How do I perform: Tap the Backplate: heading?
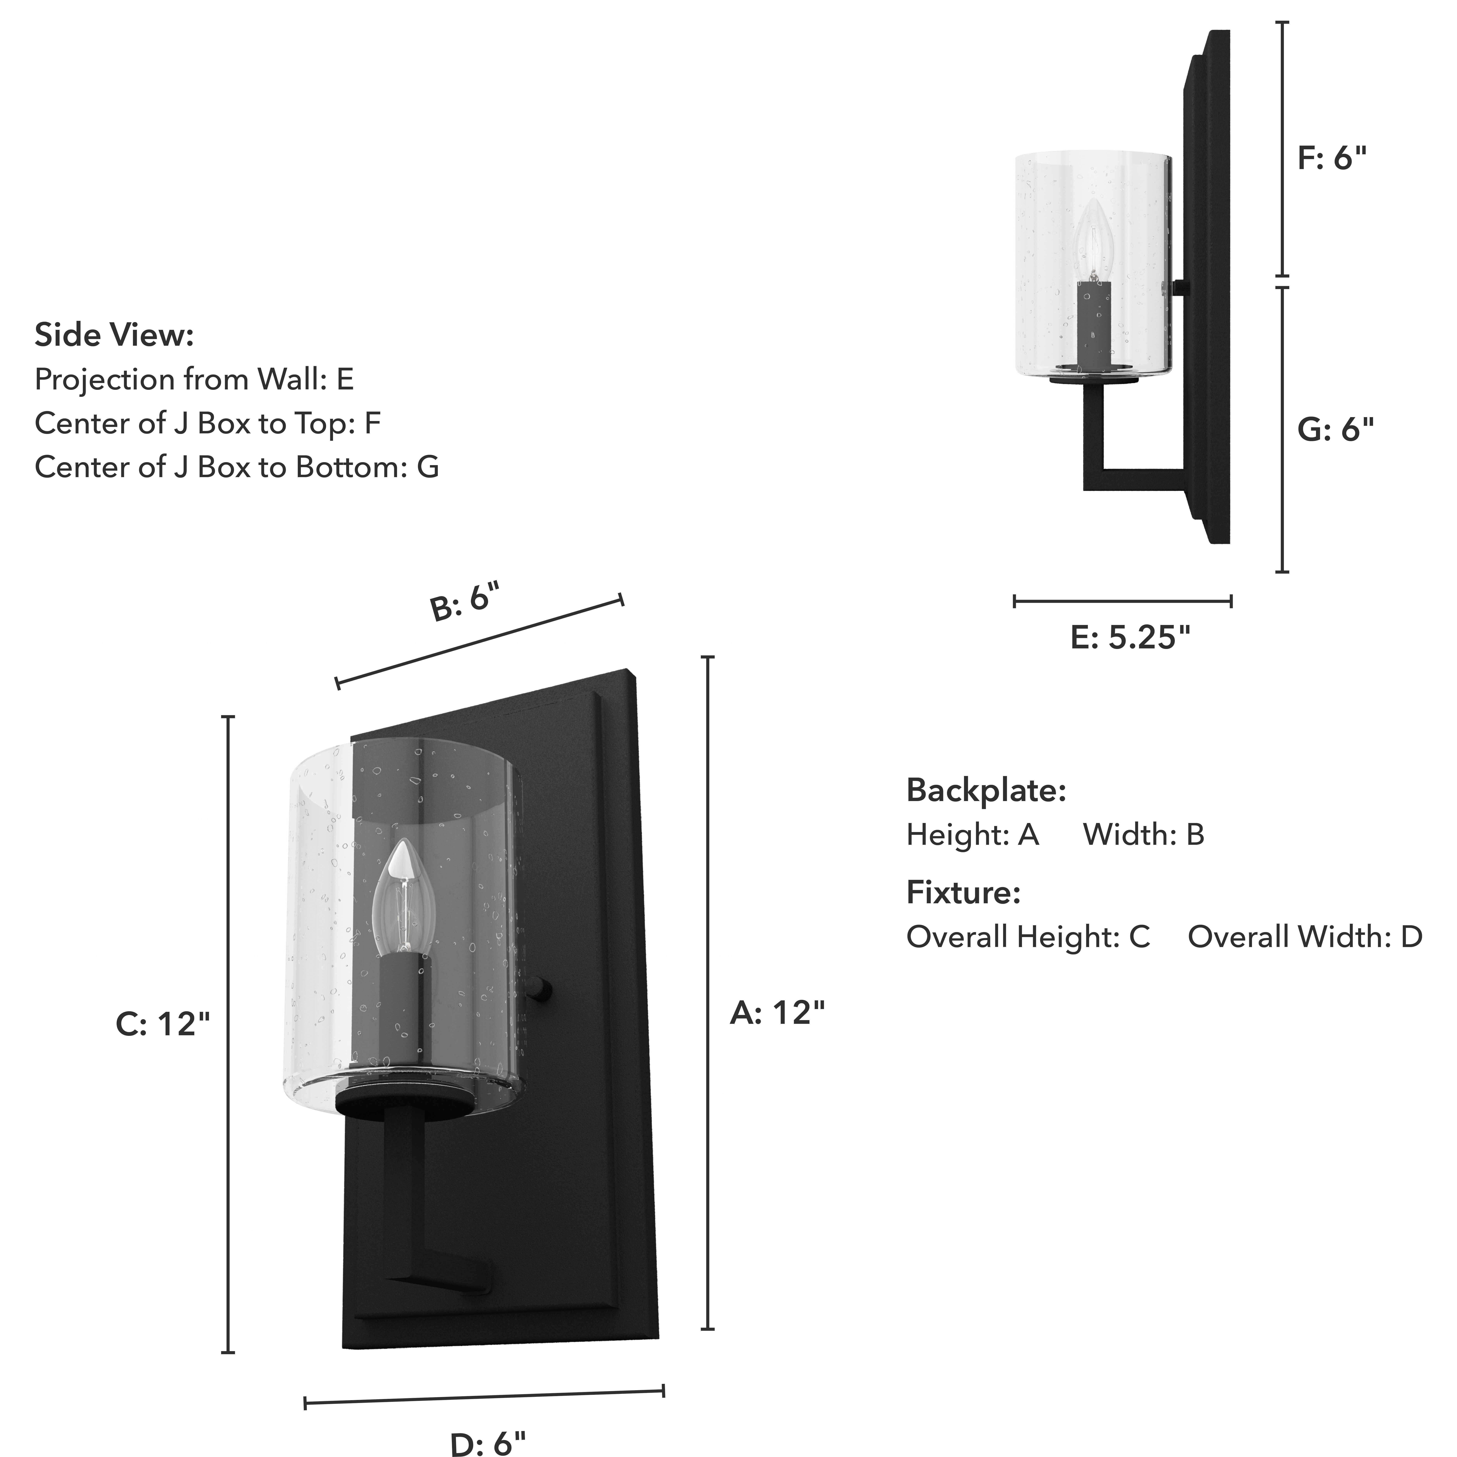(x=986, y=790)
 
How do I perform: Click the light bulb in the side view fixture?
(x=1094, y=240)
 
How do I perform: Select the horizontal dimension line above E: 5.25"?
(x=1123, y=601)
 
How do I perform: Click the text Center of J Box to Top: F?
(x=207, y=423)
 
